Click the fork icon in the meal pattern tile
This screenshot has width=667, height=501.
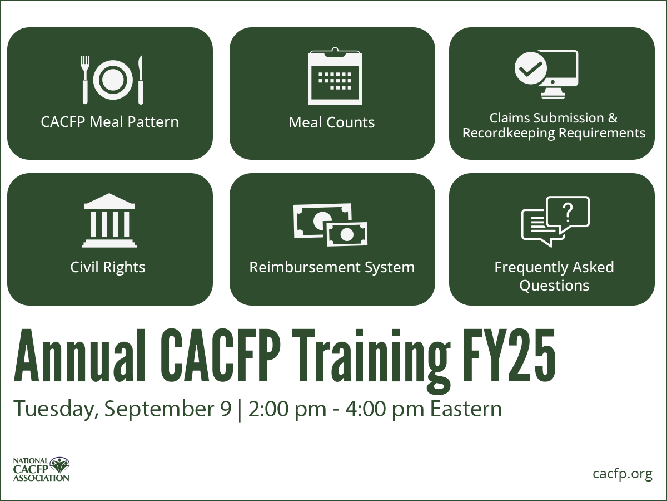tap(85, 79)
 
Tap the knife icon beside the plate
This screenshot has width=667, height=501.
tap(141, 79)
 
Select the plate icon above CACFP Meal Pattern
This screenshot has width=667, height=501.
tap(112, 80)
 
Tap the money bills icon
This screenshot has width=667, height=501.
tap(331, 224)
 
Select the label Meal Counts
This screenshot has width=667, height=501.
tap(332, 122)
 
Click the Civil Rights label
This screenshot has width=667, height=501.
tap(108, 267)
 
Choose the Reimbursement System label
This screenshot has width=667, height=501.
tap(332, 267)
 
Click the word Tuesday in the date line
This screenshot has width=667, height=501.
tap(50, 409)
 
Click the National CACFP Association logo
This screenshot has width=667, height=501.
tap(42, 469)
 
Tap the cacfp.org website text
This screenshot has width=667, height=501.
tap(622, 474)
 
